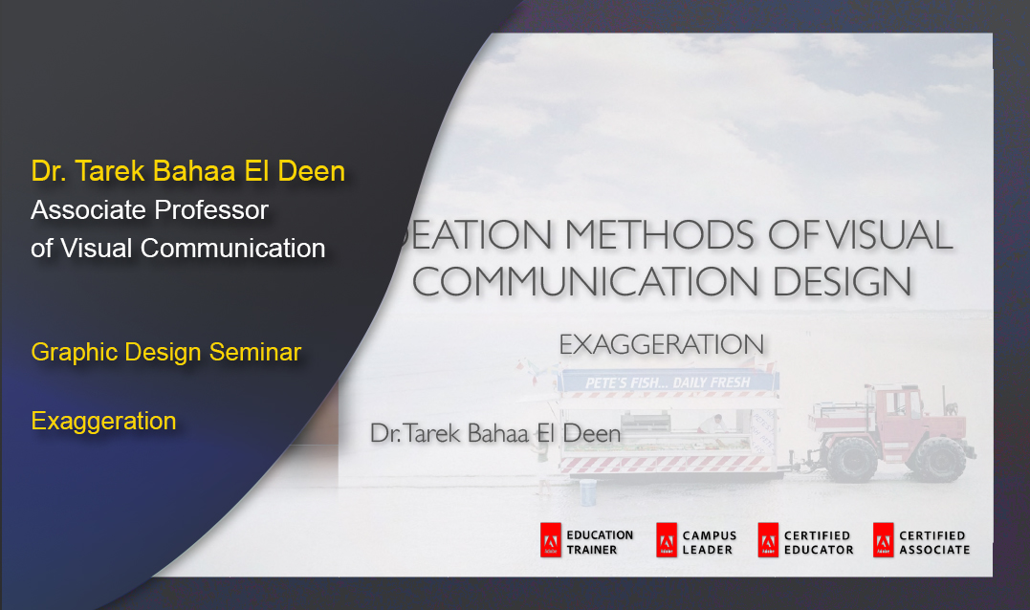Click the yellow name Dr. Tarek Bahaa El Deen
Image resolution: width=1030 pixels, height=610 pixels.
click(187, 172)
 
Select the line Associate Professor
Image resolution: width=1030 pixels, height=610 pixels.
click(149, 209)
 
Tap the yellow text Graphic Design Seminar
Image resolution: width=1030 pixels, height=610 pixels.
click(166, 353)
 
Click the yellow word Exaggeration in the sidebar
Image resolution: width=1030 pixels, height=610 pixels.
click(103, 422)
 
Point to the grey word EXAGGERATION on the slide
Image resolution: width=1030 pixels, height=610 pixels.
click(661, 344)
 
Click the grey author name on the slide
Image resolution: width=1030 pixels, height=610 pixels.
click(494, 434)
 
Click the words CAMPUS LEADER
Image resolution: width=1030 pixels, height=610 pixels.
click(708, 543)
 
